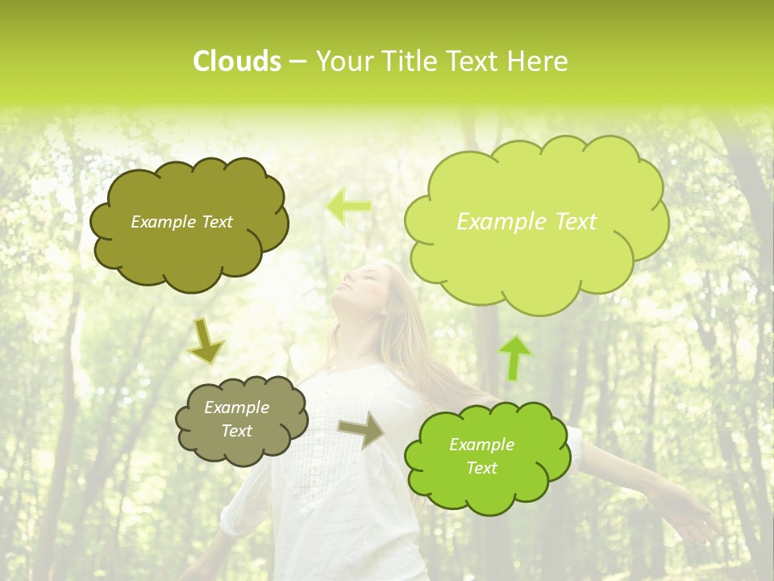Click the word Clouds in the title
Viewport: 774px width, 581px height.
click(x=236, y=61)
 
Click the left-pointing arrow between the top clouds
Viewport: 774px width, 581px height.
click(x=349, y=207)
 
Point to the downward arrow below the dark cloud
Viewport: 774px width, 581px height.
click(x=206, y=341)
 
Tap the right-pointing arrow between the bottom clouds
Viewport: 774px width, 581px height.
click(x=361, y=429)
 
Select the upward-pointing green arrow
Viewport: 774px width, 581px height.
click(x=516, y=357)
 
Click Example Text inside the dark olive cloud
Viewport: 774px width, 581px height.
click(x=181, y=222)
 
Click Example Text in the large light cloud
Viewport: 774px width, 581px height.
click(x=526, y=222)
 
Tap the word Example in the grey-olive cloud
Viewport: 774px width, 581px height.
click(x=236, y=408)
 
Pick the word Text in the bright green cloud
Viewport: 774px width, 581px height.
click(x=481, y=468)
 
